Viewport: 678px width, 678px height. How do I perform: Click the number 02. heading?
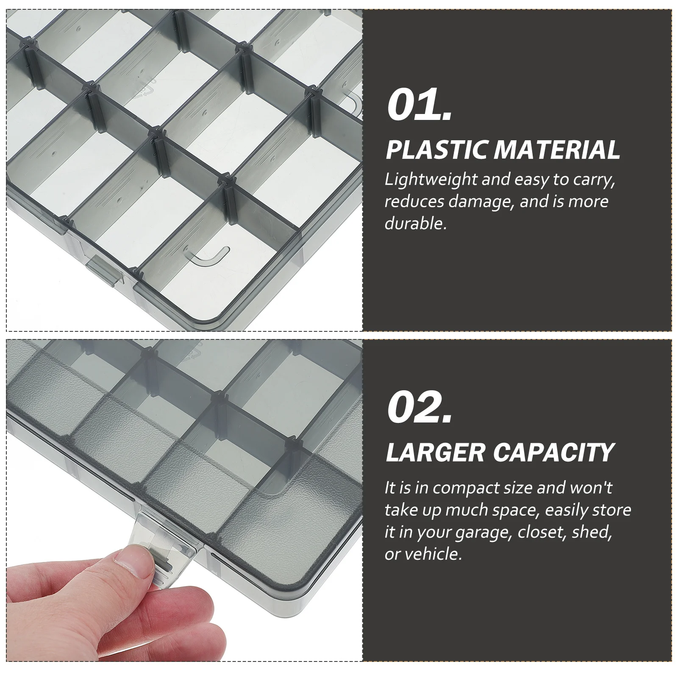(420, 409)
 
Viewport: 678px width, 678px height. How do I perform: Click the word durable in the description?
(414, 223)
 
